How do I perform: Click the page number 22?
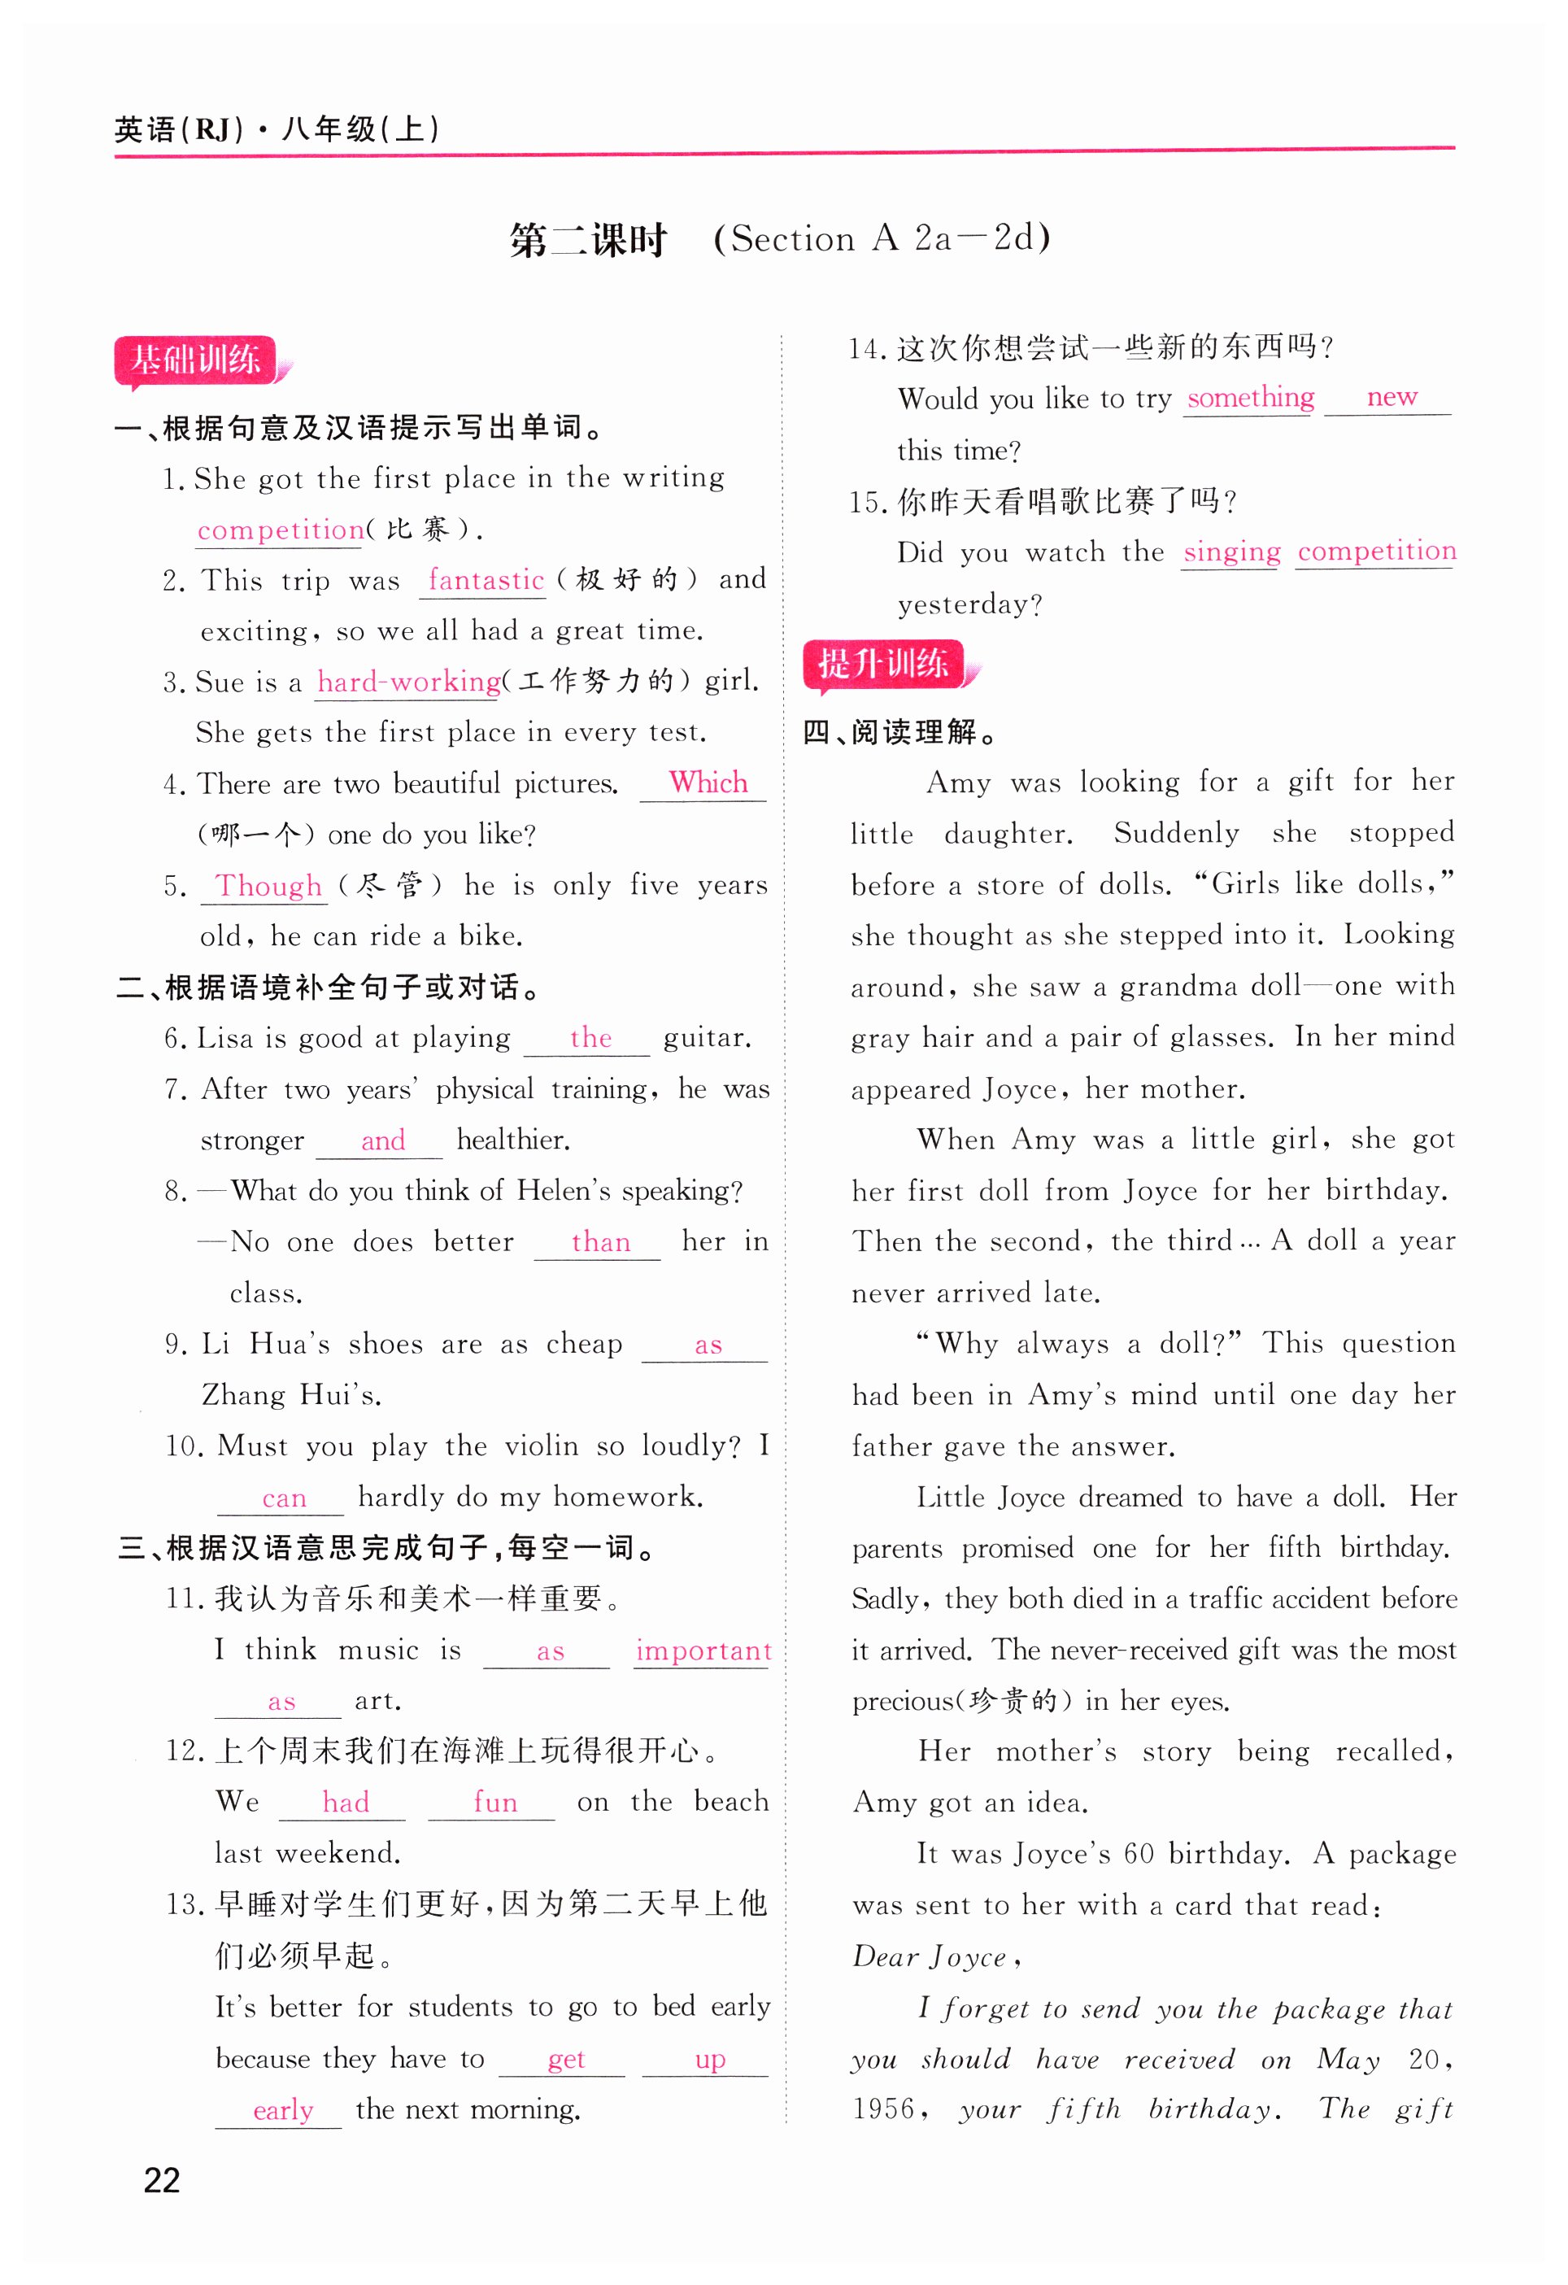[162, 2181]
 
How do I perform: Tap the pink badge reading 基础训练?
[196, 361]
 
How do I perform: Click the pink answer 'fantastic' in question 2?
[486, 580]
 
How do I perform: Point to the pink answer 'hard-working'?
[408, 682]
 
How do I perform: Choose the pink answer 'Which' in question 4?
[708, 783]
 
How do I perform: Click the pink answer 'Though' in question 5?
[268, 886]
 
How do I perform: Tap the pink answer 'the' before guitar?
[590, 1038]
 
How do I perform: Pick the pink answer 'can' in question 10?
[284, 1498]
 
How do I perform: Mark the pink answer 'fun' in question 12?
[494, 1803]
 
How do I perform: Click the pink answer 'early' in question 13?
[283, 2110]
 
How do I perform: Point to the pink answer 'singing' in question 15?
[1230, 552]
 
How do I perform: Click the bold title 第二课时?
[588, 240]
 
